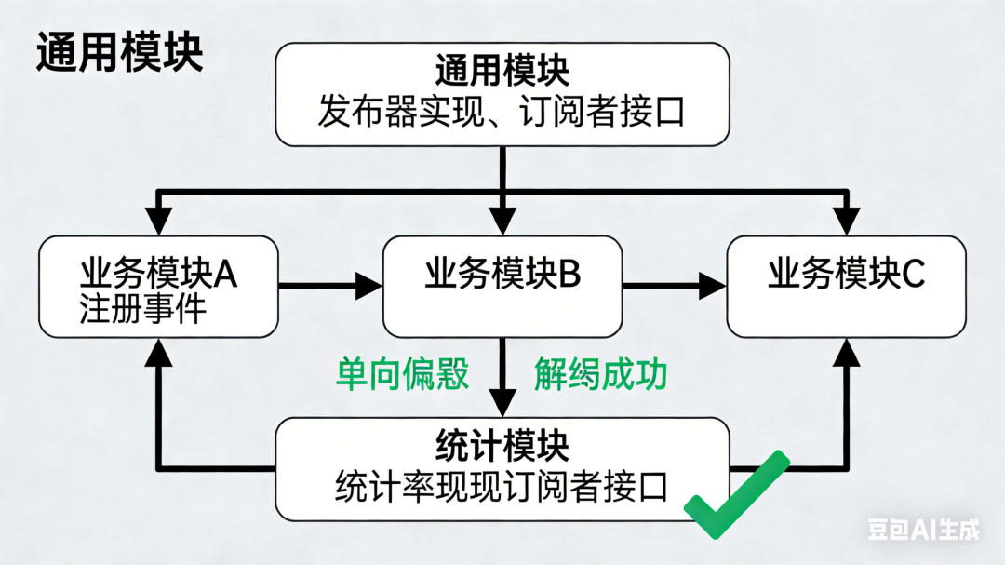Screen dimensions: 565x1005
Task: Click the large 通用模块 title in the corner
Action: point(119,53)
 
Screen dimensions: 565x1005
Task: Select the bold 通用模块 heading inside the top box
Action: point(502,72)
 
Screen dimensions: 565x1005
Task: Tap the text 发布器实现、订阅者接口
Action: point(502,113)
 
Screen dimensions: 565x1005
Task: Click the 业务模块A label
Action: point(158,274)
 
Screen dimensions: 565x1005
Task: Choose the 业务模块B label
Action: point(502,274)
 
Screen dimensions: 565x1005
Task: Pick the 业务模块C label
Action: point(846,274)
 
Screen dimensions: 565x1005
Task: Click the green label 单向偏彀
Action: point(402,374)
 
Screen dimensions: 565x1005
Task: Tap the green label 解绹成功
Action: point(600,374)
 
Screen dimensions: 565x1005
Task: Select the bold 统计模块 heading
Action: point(502,447)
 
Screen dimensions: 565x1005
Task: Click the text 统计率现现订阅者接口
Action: point(502,487)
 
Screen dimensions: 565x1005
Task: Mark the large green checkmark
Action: point(735,495)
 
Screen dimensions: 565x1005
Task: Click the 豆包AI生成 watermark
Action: point(923,530)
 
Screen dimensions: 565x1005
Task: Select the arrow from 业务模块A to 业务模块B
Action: point(330,286)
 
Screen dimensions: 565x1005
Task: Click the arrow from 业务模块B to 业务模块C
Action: point(675,286)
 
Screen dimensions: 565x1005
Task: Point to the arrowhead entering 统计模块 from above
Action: point(502,403)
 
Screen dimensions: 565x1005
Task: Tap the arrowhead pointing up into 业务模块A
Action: point(161,351)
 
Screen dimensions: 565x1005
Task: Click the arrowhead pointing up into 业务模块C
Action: point(847,351)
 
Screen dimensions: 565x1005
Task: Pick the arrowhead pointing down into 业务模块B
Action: point(502,222)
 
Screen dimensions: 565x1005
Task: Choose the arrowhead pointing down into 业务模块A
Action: point(161,222)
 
